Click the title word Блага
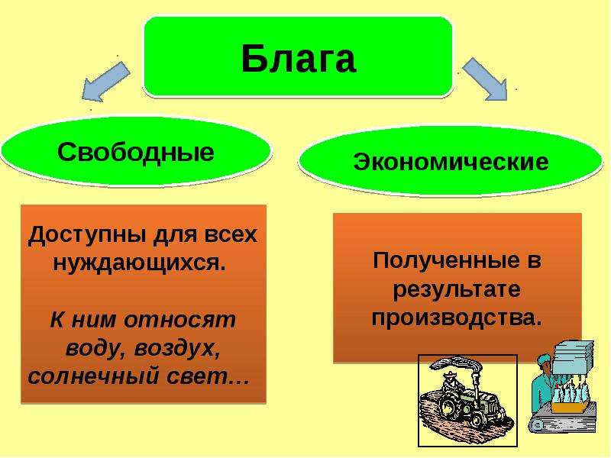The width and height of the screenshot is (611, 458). pos(299,59)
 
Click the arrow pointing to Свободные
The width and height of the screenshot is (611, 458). pos(105,82)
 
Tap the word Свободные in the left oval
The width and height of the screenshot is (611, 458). pos(136,151)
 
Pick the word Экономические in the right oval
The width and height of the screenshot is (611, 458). pos(451,161)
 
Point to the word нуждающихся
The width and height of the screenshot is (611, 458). pos(139,263)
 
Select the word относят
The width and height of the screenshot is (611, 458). pos(180,320)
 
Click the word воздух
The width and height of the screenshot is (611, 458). pos(177,348)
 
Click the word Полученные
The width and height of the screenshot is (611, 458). pos(446,260)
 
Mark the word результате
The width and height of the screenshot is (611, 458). pos(456,290)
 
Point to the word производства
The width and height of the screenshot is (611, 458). pos(456,318)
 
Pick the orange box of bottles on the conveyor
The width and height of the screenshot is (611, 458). pos(569,408)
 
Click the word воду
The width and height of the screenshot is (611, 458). pos(94,348)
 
